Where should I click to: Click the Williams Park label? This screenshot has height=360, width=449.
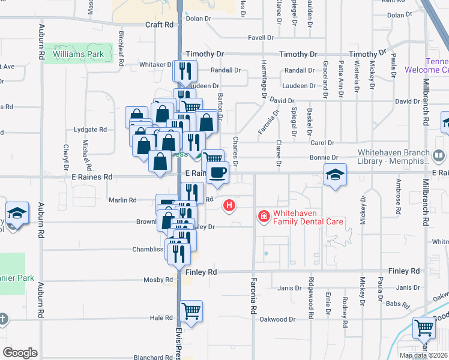pyautogui.click(x=78, y=55)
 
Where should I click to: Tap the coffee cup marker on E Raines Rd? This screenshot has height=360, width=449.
pyautogui.click(x=217, y=173)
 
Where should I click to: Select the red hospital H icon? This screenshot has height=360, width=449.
pyautogui.click(x=228, y=206)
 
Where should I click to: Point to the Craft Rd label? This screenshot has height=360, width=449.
pyautogui.click(x=159, y=25)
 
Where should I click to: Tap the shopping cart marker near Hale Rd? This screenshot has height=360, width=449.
pyautogui.click(x=191, y=311)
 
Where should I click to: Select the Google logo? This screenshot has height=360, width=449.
pyautogui.click(x=20, y=352)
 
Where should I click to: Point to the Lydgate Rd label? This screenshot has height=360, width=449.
pyautogui.click(x=89, y=129)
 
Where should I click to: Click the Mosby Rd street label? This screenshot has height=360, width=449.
pyautogui.click(x=158, y=280)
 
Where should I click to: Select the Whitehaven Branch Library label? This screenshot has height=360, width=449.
pyautogui.click(x=393, y=157)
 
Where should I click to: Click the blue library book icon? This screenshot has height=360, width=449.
pyautogui.click(x=439, y=157)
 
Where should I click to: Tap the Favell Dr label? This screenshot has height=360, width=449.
pyautogui.click(x=261, y=37)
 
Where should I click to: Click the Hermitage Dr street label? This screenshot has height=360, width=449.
pyautogui.click(x=264, y=79)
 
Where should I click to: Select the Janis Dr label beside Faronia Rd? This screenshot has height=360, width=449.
pyautogui.click(x=289, y=288)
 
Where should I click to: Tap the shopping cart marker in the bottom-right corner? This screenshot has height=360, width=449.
pyautogui.click(x=424, y=328)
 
